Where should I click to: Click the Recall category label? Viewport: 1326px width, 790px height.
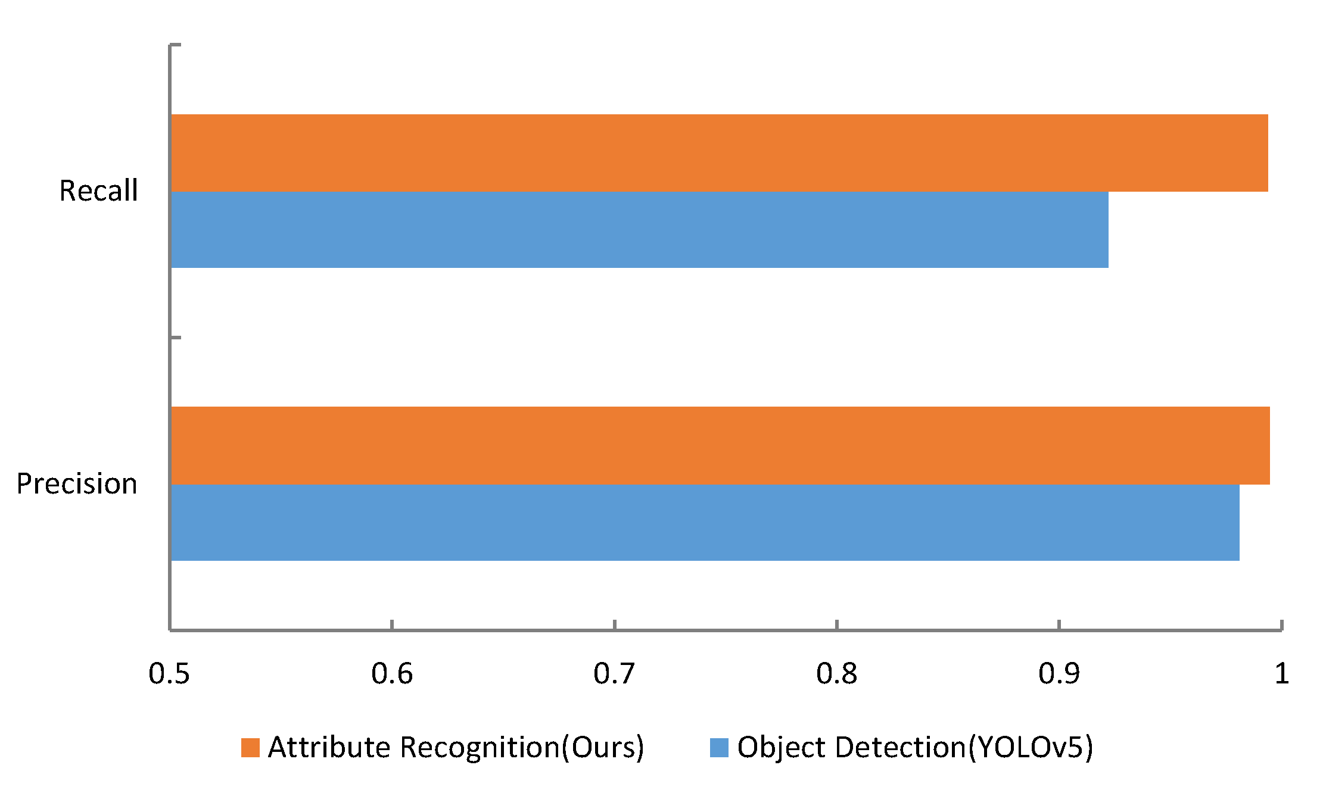point(98,191)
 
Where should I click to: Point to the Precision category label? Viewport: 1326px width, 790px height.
point(77,483)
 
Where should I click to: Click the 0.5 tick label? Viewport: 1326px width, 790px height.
point(169,674)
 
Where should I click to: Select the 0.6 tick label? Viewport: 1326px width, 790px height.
point(391,674)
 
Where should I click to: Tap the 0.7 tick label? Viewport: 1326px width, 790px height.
point(614,674)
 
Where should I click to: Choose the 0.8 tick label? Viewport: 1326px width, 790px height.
point(836,674)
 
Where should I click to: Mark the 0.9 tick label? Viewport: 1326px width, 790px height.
point(1059,674)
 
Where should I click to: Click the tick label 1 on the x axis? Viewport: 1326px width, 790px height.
point(1281,674)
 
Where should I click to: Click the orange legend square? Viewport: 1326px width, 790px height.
point(250,748)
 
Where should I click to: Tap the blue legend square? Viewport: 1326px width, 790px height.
point(719,748)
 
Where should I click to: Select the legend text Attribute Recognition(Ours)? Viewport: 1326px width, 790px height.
point(456,748)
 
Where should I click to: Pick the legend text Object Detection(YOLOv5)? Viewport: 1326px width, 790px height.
point(915,748)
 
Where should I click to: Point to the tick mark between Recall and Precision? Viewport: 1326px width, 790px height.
point(176,338)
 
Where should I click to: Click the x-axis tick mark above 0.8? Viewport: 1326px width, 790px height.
point(836,624)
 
